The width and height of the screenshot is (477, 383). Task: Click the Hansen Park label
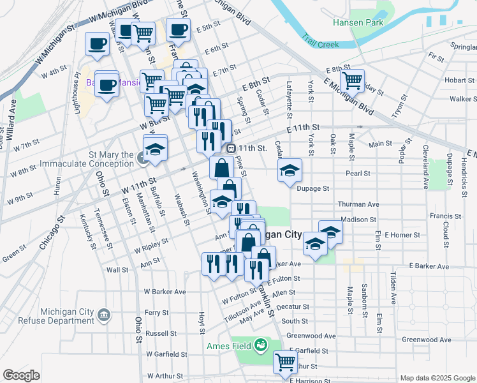[x=356, y=22]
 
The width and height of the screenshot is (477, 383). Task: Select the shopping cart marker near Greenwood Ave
[x=285, y=363]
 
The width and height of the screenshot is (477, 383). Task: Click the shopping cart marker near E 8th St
[x=351, y=80]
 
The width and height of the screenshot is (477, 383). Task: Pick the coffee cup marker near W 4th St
[x=97, y=43]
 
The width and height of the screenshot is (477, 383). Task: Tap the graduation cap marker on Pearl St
[x=290, y=170]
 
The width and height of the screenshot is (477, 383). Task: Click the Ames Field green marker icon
[x=260, y=346]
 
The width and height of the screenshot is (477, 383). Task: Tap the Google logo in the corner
[x=21, y=375]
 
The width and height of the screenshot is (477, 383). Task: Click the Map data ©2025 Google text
[x=437, y=378]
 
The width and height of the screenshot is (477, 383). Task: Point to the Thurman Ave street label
[x=358, y=204]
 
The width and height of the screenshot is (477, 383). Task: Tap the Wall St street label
[x=117, y=270]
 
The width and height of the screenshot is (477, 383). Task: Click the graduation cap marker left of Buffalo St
[x=154, y=148]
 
